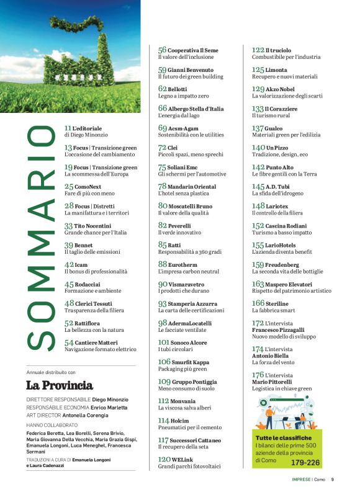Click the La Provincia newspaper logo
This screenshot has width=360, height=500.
pyautogui.click(x=60, y=385)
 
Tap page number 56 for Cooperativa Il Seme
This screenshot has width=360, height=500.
pyautogui.click(x=162, y=50)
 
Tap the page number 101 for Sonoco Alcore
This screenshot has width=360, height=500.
pyautogui.click(x=164, y=342)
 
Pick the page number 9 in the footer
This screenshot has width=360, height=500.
pyautogui.click(x=332, y=479)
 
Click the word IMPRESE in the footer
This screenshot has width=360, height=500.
pyautogui.click(x=302, y=479)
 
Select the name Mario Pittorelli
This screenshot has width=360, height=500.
pyautogui.click(x=271, y=382)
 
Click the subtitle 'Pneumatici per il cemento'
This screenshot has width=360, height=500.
pyautogui.click(x=189, y=427)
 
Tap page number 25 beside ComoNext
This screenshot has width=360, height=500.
pyautogui.click(x=69, y=186)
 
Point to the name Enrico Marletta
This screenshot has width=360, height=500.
pyautogui.click(x=109, y=407)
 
